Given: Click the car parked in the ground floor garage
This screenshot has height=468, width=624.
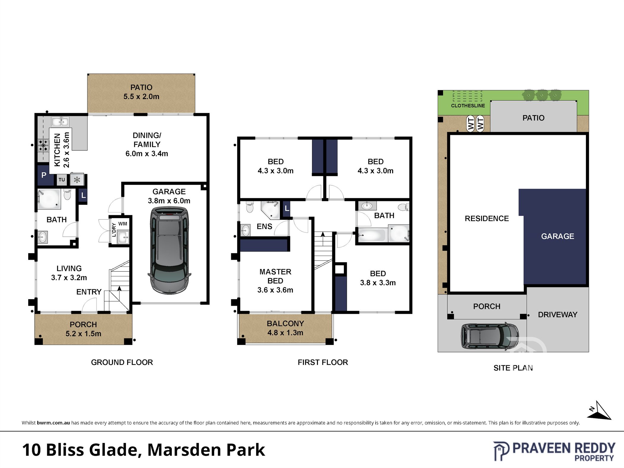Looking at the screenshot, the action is (169, 251).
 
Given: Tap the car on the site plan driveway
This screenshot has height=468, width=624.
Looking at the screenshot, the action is (490, 335).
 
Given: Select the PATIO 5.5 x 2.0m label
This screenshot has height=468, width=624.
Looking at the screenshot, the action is (141, 92).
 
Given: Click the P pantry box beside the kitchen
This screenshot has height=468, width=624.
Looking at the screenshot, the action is (44, 175).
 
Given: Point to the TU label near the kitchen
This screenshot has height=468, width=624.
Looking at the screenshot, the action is (62, 179).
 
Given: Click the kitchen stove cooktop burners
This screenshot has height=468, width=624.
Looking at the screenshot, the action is (43, 146).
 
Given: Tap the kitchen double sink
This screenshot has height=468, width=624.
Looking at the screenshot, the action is (60, 122).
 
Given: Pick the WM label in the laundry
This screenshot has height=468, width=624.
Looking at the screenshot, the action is (123, 224).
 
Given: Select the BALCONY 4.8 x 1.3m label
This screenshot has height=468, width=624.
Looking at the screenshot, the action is (285, 328).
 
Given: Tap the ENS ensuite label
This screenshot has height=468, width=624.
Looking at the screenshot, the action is (264, 226).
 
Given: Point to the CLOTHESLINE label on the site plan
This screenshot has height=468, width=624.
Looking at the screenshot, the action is (468, 105).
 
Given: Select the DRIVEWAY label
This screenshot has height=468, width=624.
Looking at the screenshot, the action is (558, 314).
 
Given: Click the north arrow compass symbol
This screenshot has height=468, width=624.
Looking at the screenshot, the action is (599, 411).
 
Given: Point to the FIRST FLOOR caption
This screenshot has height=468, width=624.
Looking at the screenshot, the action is (323, 362).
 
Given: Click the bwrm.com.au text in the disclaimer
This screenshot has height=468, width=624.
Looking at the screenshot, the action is (53, 423).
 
